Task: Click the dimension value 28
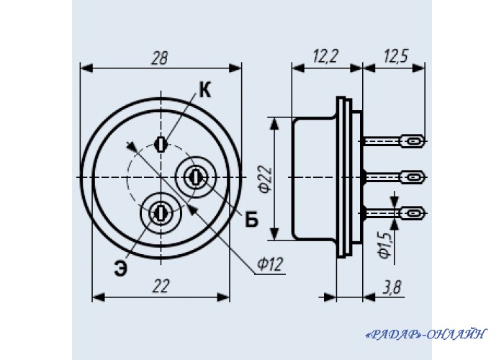pos(160,58)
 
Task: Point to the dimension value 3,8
pos(392,287)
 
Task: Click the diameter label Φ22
pos(264,179)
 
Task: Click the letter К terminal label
pos(204,91)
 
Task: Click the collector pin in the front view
pos(162,143)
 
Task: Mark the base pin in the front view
pos(194,176)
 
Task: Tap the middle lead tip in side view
pos(413,176)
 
